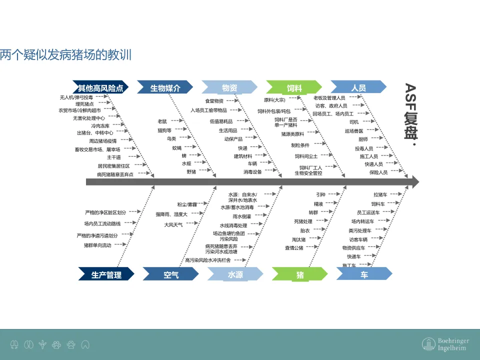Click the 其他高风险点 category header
coord(100,88)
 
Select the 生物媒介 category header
coord(165,88)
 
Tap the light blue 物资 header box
coord(229,88)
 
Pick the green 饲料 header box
coord(294,88)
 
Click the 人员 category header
coord(358,88)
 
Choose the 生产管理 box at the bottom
coord(106,274)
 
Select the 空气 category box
coord(171,274)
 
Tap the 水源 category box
coord(235,274)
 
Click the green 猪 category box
coord(300,274)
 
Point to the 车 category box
coord(364,274)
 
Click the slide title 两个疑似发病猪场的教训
coord(66,54)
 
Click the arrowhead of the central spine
coord(414,182)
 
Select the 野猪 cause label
coord(191,171)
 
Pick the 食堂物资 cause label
coord(214,101)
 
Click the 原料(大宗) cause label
coord(274,100)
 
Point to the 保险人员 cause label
coord(378,172)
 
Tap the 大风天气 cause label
coord(173,224)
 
